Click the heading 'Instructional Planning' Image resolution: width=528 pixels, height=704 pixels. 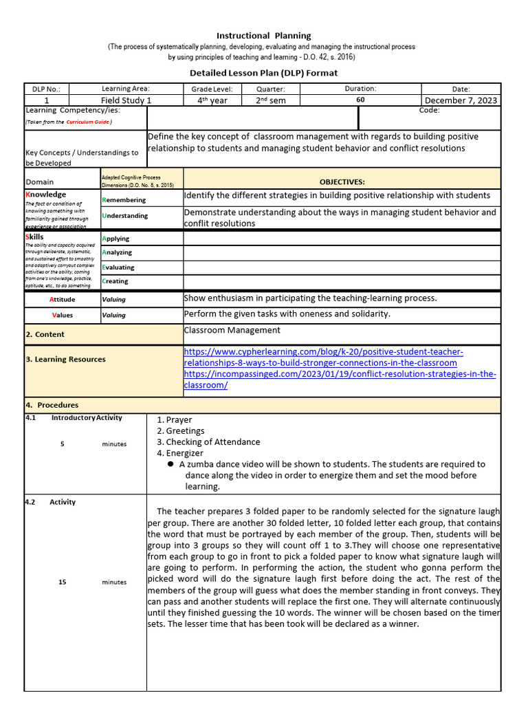(x=264, y=36)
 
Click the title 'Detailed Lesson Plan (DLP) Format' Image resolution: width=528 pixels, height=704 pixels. (x=264, y=73)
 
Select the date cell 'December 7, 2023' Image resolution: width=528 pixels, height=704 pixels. (x=461, y=100)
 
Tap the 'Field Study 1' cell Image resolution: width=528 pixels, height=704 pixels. (x=126, y=100)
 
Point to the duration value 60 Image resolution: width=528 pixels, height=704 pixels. (x=360, y=100)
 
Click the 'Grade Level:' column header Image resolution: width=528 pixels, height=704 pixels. (x=212, y=89)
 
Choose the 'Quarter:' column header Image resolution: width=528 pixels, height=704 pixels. (x=270, y=89)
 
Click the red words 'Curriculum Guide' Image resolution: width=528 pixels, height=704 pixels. (x=87, y=122)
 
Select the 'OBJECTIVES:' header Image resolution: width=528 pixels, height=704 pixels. (x=342, y=182)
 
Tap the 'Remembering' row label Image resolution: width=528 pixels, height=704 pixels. (x=124, y=200)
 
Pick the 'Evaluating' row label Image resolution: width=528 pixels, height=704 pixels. (x=118, y=267)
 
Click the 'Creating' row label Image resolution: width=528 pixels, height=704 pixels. (x=115, y=281)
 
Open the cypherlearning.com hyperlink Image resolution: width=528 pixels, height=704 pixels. (x=323, y=357)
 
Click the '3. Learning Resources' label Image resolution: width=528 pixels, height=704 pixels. (x=66, y=360)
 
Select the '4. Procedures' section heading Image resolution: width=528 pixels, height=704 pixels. (x=52, y=406)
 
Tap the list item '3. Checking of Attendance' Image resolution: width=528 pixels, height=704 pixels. (x=208, y=442)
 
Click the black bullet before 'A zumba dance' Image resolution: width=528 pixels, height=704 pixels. (x=170, y=464)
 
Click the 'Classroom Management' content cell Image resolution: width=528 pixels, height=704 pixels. (x=232, y=331)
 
